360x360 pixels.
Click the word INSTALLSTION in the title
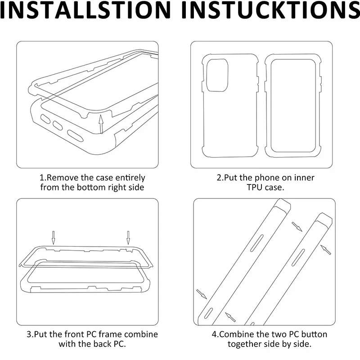coord(85,10)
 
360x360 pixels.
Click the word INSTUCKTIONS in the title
coord(270,10)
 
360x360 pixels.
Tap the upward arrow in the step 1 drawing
coord(101,124)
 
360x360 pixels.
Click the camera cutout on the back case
coord(217,75)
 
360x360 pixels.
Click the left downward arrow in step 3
coord(53,238)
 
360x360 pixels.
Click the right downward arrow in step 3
coord(128,238)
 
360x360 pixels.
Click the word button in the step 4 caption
coord(314,334)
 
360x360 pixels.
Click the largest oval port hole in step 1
coord(75,136)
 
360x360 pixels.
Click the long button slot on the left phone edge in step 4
coord(256,243)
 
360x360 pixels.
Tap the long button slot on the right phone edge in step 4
coord(298,257)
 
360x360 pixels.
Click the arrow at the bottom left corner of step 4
coord(202,294)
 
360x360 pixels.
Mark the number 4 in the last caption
coord(214,334)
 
